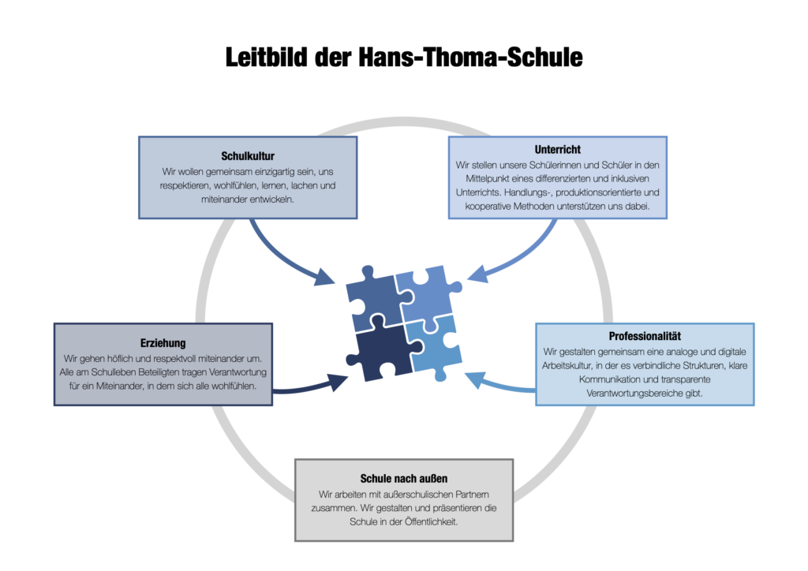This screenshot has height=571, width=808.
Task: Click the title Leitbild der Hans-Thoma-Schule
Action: pos(404,57)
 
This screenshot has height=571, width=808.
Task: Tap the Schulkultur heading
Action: pos(248,156)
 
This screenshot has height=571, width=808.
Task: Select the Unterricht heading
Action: pos(558,149)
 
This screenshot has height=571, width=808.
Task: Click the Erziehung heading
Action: pos(163,343)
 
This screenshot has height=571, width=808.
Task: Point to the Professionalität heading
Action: pos(645,336)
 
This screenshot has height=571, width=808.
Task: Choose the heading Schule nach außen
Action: pos(404,478)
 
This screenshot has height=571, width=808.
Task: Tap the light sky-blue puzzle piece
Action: pos(434,345)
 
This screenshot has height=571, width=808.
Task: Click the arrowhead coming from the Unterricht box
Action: pos(477,274)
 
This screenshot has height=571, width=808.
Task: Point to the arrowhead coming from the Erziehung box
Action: pos(338,382)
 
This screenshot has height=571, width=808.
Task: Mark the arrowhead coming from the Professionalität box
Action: pos(475,380)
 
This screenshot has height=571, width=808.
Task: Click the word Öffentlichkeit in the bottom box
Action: pos(432,521)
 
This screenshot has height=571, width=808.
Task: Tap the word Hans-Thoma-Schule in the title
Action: pos(470,57)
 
